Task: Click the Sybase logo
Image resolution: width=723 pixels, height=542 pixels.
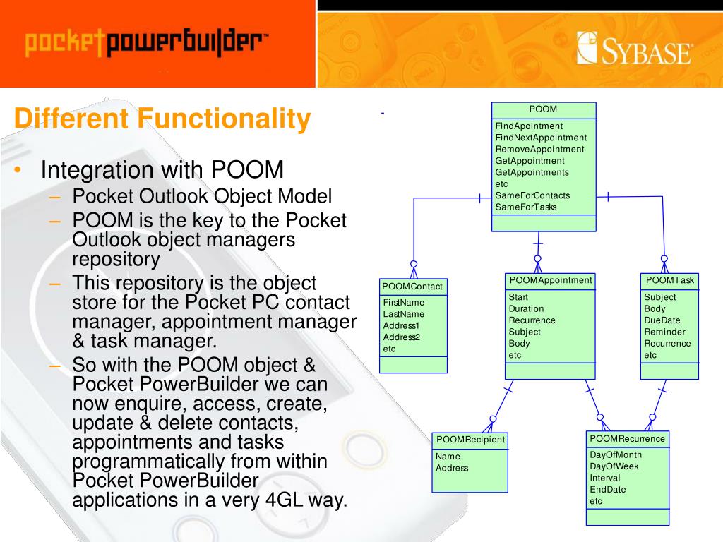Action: pos(633,49)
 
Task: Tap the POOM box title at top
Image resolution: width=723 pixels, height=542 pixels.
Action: pos(543,109)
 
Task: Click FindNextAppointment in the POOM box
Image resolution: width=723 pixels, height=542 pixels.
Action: pos(541,138)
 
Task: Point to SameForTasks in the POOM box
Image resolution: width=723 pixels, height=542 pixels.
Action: pos(526,207)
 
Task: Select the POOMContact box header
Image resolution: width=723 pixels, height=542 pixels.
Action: pos(412,287)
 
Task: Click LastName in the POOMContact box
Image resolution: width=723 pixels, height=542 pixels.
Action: pos(404,314)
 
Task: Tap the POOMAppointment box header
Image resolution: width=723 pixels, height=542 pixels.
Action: pos(551,281)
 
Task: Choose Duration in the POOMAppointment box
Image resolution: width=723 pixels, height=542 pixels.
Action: pos(526,308)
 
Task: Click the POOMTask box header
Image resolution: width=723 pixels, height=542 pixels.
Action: pos(669,281)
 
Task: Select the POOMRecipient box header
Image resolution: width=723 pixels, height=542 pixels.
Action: pos(470,440)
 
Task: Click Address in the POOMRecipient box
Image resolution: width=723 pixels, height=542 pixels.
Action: pos(452,468)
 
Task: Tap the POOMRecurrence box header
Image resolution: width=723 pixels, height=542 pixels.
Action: pos(627,439)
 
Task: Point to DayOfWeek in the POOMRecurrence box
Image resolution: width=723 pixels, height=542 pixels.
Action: pos(614,466)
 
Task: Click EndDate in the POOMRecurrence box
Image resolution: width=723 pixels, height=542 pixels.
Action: pos(608,490)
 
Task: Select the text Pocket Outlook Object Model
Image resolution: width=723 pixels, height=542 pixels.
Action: pos(202,197)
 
